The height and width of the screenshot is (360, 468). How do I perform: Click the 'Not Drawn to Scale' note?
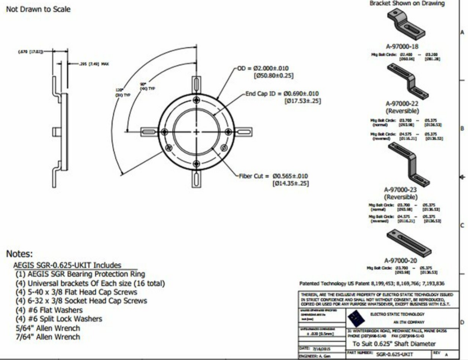click(x=38, y=9)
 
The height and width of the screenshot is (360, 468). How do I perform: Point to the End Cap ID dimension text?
click(x=282, y=94)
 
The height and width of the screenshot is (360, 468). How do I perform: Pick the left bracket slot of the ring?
click(x=149, y=131)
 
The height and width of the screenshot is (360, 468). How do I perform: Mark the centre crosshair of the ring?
click(x=196, y=131)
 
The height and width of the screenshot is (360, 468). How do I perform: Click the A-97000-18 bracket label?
click(x=402, y=47)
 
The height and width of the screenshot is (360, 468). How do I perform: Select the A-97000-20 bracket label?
click(x=402, y=260)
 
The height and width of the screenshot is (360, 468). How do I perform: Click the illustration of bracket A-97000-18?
click(x=405, y=24)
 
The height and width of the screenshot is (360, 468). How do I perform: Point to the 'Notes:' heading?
click(x=20, y=254)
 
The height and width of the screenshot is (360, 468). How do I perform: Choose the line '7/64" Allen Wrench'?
click(x=48, y=337)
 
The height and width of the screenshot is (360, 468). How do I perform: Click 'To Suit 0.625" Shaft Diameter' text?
click(x=393, y=344)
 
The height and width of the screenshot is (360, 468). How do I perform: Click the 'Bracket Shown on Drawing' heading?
click(x=407, y=4)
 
